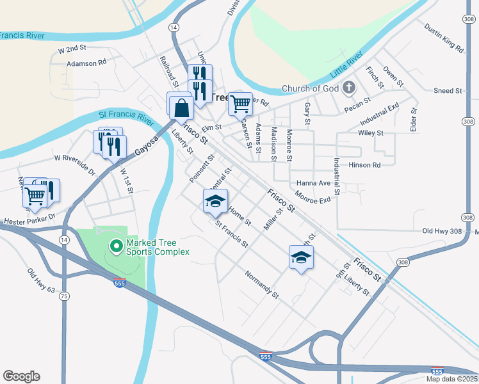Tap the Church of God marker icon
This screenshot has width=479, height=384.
point(349,87)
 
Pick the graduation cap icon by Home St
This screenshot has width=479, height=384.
point(216,202)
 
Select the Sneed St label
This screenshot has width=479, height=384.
point(448,91)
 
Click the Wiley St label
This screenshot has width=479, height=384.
point(371,133)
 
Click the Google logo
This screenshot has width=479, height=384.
point(21,376)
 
